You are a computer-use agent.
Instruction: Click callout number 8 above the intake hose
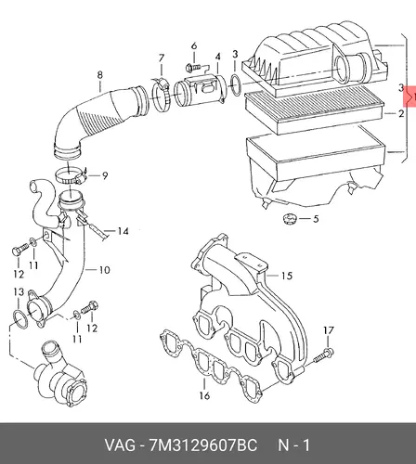[99, 75]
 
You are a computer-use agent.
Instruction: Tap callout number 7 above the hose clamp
[162, 58]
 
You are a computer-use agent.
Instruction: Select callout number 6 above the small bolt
[194, 46]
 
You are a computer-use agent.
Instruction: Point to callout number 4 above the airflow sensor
[218, 57]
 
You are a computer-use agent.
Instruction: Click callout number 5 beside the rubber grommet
[316, 219]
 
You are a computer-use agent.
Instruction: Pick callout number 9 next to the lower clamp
[105, 175]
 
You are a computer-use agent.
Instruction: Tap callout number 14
[123, 231]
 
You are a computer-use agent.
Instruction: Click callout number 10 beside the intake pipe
[104, 270]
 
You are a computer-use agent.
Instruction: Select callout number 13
[19, 291]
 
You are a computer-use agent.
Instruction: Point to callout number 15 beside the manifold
[287, 276]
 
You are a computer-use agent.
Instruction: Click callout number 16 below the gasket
[204, 395]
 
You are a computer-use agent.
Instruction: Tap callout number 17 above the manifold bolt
[329, 330]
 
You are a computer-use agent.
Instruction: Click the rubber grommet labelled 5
[290, 218]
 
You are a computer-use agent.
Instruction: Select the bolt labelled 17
[323, 355]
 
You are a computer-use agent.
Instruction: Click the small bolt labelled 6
[192, 67]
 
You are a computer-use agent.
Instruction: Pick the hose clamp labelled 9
[71, 175]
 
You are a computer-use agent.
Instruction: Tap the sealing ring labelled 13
[20, 319]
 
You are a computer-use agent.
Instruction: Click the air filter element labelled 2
[314, 110]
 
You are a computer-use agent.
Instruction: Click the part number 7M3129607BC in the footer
[203, 445]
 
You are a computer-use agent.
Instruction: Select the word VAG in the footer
[120, 445]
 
